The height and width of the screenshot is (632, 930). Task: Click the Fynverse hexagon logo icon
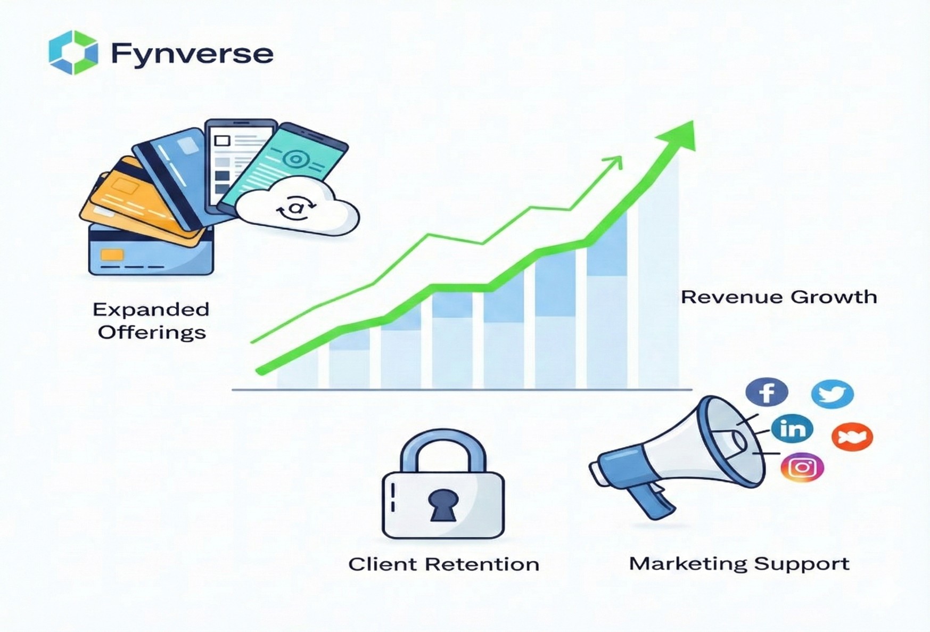(x=73, y=52)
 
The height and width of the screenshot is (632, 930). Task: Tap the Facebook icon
(x=767, y=392)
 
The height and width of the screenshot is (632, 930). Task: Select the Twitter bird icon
(x=832, y=394)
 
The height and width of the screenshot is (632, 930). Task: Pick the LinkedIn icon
(x=792, y=429)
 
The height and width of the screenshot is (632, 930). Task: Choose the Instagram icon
(x=802, y=467)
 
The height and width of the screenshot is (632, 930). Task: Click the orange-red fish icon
(x=852, y=437)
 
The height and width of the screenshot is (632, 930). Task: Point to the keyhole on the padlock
(x=443, y=505)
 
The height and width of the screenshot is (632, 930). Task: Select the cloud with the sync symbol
(x=297, y=207)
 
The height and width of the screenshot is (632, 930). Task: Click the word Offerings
(x=152, y=333)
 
